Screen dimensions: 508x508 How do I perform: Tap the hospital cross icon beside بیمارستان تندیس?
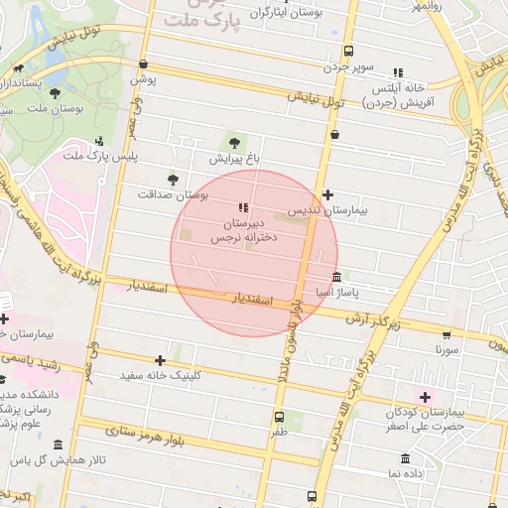[327, 194]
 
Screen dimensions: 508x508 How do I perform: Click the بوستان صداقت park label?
[176, 195]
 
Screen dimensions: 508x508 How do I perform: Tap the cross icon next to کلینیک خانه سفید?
[160, 360]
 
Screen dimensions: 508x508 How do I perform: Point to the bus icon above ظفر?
[279, 417]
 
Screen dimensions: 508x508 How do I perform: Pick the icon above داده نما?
[406, 458]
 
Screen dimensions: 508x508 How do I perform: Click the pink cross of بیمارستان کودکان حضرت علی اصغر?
[427, 396]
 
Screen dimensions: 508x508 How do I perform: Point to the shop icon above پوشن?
[144, 63]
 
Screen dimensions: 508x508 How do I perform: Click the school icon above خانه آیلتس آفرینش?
[398, 72]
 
